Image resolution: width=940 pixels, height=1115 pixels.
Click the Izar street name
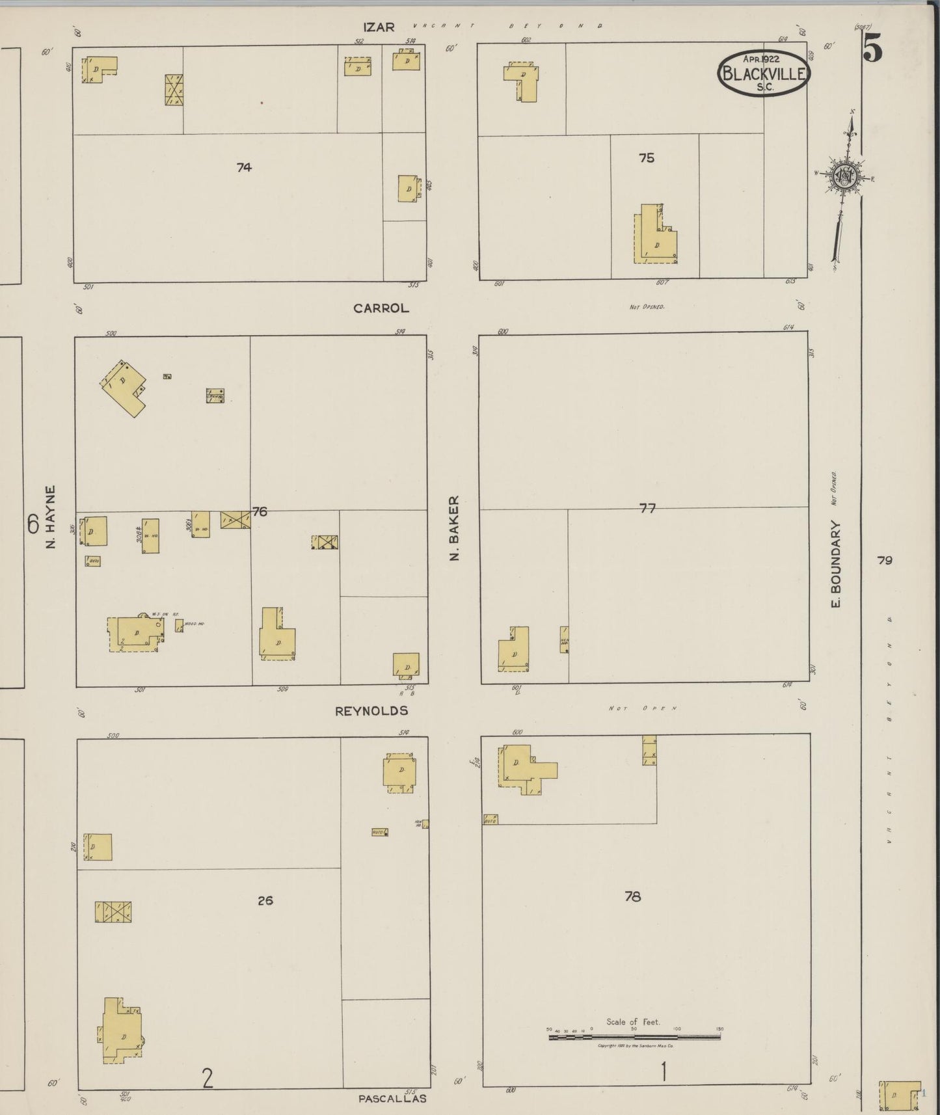click(379, 27)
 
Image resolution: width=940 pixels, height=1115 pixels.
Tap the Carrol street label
click(381, 308)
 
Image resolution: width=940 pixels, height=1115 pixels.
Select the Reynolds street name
click(371, 711)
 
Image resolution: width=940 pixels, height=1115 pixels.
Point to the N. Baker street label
click(455, 528)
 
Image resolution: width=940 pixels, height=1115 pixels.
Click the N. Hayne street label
click(51, 517)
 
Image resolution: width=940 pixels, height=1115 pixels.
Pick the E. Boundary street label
click(836, 564)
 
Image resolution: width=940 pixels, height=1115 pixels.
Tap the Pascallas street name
click(392, 1099)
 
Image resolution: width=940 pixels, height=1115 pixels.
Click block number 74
click(244, 167)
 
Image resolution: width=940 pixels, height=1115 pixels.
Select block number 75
click(646, 158)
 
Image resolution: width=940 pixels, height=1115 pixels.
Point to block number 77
click(647, 509)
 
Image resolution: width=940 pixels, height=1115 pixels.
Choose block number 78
click(632, 896)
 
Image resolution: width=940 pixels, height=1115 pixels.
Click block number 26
click(265, 901)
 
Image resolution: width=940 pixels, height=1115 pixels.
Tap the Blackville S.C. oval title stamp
click(764, 74)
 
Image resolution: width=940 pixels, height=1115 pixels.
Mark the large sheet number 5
click(872, 49)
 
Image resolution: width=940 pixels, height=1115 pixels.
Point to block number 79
click(884, 560)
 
